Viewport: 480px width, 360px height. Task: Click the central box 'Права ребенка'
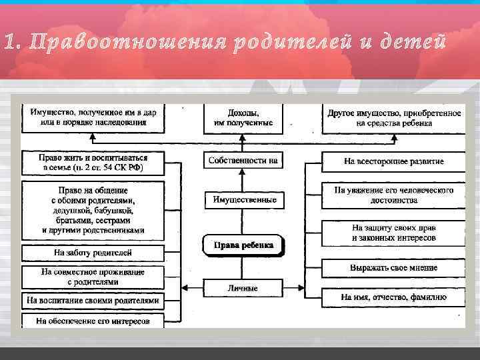(243, 245)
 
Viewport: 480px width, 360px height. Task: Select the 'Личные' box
(243, 288)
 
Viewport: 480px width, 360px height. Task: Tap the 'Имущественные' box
(243, 200)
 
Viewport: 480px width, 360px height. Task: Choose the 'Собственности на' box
(243, 161)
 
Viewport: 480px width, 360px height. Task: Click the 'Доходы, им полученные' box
(243, 118)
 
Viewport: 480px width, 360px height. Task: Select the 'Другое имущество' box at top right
(393, 118)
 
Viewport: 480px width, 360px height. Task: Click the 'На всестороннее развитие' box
(393, 161)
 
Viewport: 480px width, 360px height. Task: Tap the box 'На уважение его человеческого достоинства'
(393, 195)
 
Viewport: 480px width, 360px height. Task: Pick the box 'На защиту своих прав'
(393, 233)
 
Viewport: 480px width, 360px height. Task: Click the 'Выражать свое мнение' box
(393, 267)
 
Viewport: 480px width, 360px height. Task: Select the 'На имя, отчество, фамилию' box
(393, 297)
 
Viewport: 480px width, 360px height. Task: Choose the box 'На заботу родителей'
(93, 253)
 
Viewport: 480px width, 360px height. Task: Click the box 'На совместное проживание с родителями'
(93, 277)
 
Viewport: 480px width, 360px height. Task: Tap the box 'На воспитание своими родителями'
(93, 301)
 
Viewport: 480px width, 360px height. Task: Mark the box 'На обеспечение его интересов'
(93, 321)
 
